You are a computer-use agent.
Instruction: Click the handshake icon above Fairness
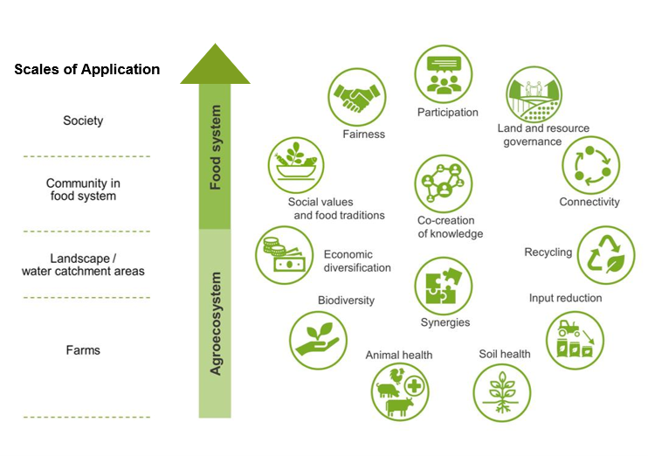pyautogui.click(x=358, y=97)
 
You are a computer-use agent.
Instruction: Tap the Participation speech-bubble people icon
pyautogui.click(x=444, y=74)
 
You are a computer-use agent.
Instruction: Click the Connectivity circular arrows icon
pyautogui.click(x=590, y=163)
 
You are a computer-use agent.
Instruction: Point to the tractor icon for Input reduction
pyautogui.click(x=575, y=340)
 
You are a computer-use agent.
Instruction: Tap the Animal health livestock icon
pyautogui.click(x=399, y=393)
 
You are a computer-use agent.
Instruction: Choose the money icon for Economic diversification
pyautogui.click(x=284, y=255)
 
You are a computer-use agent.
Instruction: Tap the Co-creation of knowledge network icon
pyautogui.click(x=444, y=184)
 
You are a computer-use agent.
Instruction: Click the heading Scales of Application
pyautogui.click(x=87, y=69)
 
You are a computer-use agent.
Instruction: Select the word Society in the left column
pyautogui.click(x=83, y=121)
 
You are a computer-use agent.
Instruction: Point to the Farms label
pyautogui.click(x=83, y=350)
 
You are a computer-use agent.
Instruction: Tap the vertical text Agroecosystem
pyautogui.click(x=216, y=323)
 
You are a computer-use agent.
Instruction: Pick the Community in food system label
pyautogui.click(x=83, y=190)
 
